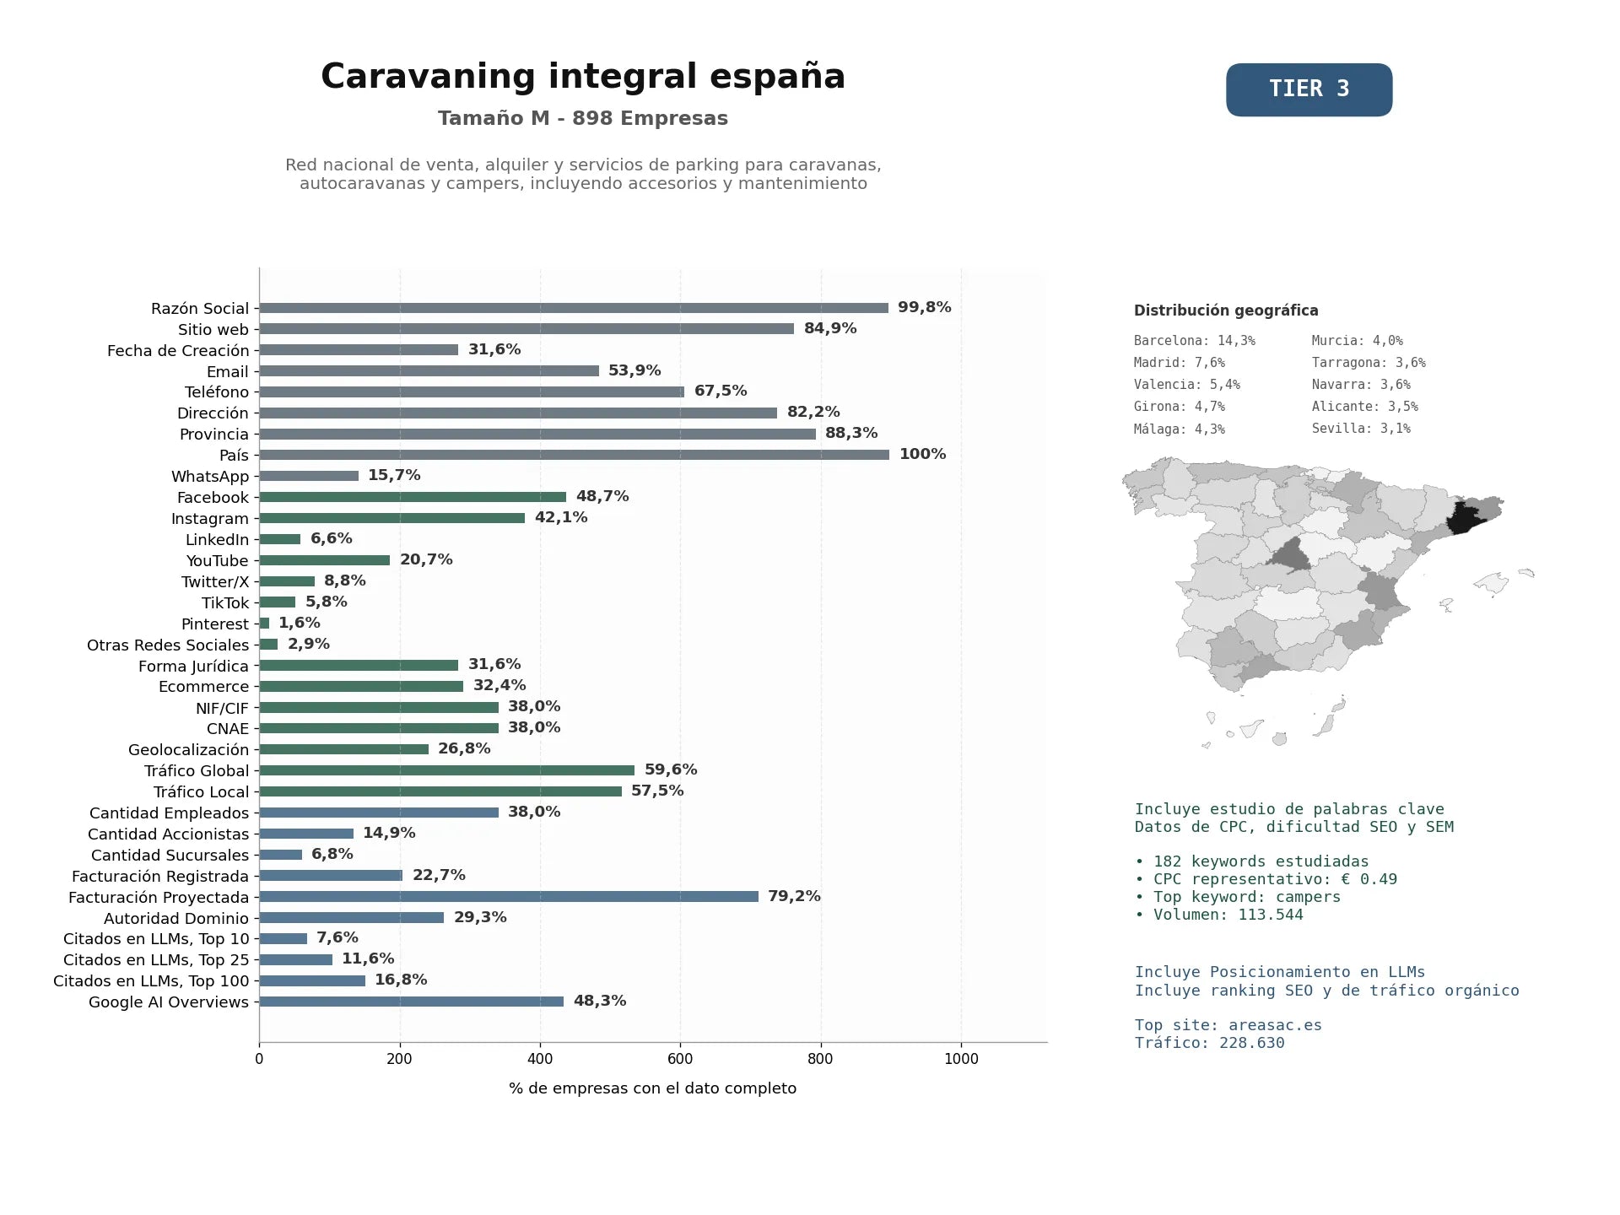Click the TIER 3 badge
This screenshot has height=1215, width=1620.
point(1309,89)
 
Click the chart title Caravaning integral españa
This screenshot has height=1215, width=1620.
point(583,76)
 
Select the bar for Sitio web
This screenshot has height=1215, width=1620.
point(526,329)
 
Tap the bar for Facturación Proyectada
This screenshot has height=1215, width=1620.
point(509,897)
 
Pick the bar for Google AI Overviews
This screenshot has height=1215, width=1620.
point(412,1002)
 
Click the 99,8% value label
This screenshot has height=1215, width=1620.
point(924,307)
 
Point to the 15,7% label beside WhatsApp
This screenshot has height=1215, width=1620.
point(394,475)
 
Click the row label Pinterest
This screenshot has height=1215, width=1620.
point(215,624)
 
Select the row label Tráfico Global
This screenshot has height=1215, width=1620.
point(197,771)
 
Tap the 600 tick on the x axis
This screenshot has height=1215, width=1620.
point(680,1059)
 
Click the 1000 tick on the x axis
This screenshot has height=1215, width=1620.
point(961,1059)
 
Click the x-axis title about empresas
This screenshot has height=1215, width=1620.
point(652,1088)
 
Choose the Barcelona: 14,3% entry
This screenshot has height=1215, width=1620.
point(1195,341)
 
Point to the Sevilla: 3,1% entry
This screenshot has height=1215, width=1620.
point(1361,429)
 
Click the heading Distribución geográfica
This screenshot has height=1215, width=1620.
point(1226,310)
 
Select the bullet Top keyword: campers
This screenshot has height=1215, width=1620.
point(1238,897)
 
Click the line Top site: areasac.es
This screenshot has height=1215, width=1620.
point(1228,1025)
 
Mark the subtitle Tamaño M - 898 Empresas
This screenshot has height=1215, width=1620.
point(583,118)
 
